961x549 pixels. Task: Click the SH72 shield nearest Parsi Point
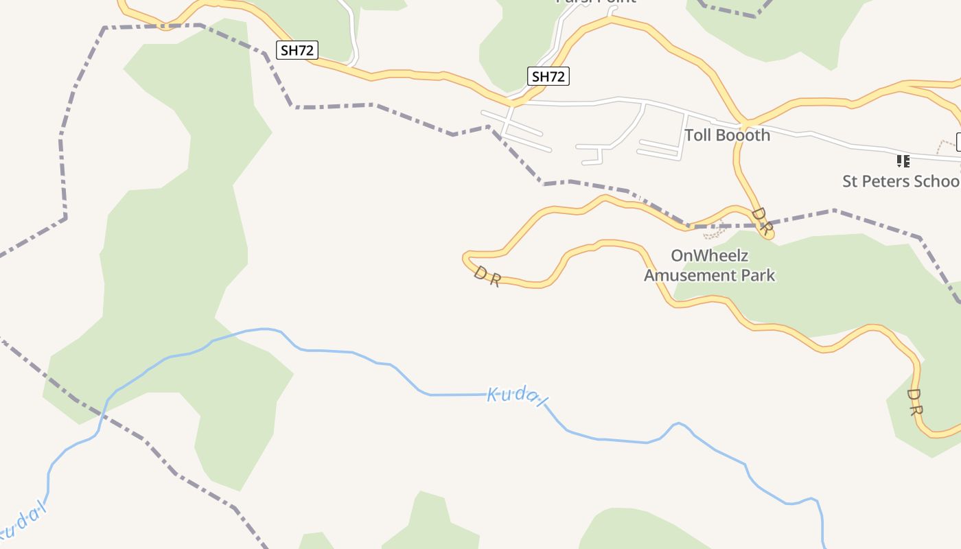tap(548, 76)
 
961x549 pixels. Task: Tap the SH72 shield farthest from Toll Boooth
tap(297, 49)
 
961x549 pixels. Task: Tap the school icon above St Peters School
tap(903, 161)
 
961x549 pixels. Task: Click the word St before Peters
tap(850, 181)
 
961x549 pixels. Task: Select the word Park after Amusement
tap(761, 275)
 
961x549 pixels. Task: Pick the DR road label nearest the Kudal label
tap(487, 277)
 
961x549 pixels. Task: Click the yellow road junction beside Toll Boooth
tap(745, 123)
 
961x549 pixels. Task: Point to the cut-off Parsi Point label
tap(596, 2)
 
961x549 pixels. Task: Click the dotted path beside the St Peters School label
tap(943, 145)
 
